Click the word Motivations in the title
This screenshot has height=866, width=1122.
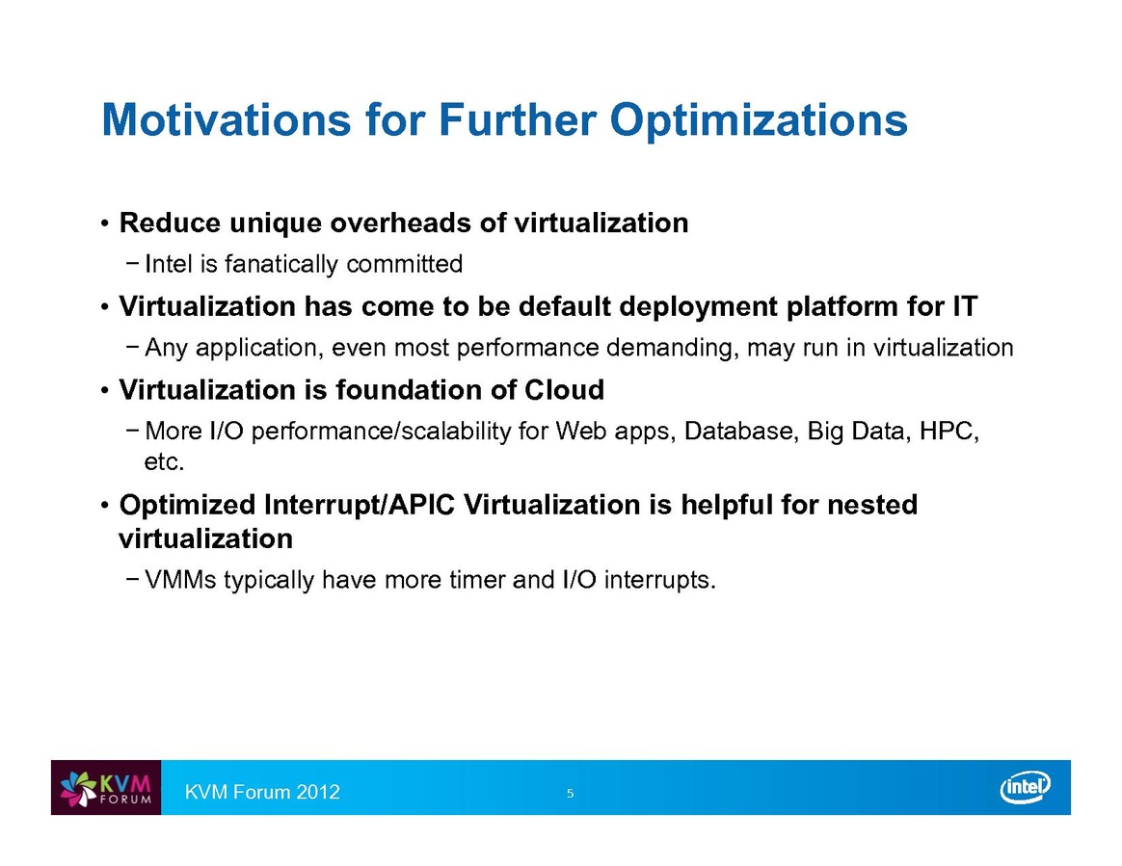pos(227,119)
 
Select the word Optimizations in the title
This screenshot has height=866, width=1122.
pos(759,120)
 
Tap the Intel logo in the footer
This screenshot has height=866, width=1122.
pos(1025,787)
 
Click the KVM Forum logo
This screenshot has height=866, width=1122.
pos(106,787)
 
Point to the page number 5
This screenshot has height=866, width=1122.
pos(571,793)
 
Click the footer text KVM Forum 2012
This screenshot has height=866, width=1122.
pos(262,792)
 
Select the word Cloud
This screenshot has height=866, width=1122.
pos(564,390)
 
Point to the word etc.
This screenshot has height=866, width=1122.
pos(165,462)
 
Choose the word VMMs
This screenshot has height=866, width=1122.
pos(180,579)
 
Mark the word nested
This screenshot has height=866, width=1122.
pos(872,505)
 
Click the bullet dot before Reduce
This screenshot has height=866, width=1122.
pos(104,223)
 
